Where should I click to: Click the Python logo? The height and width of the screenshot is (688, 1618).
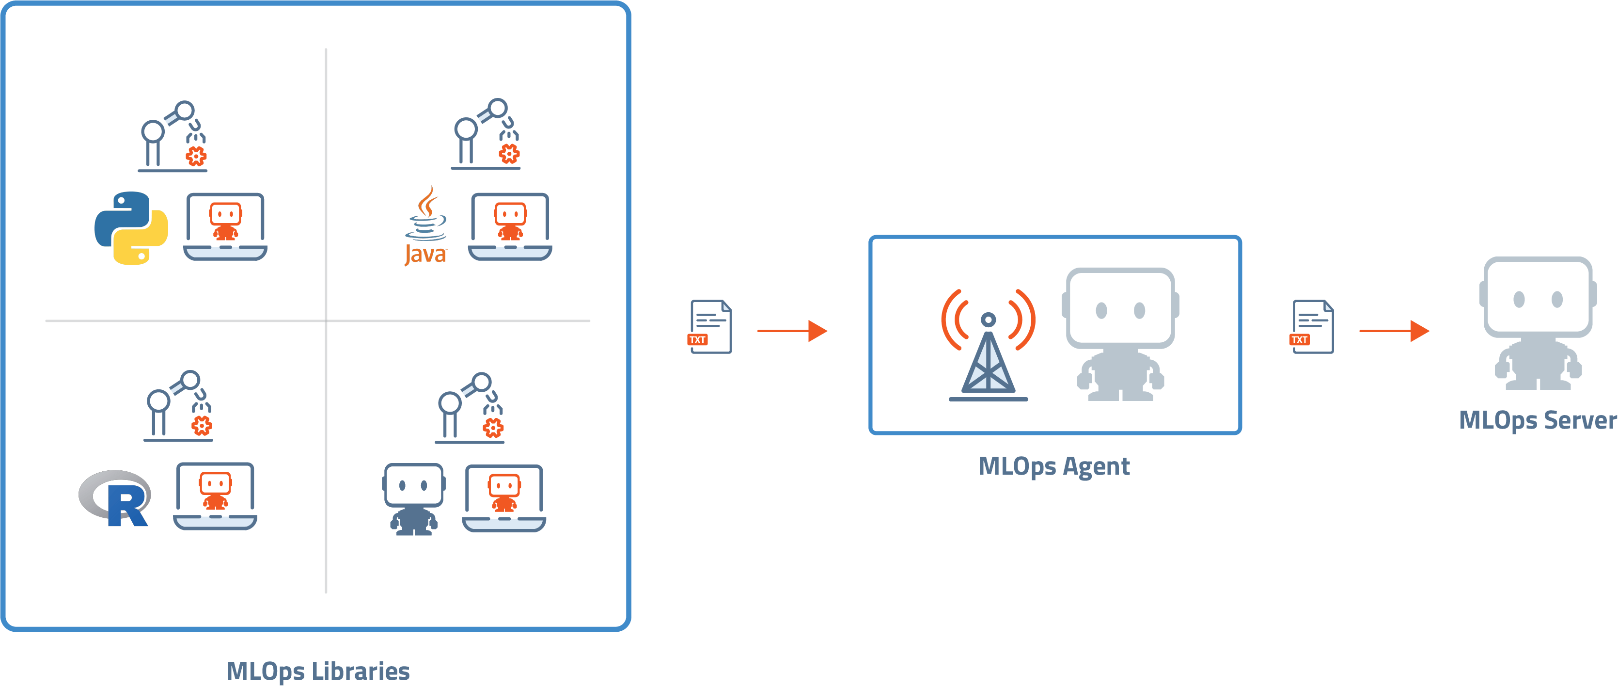tap(131, 228)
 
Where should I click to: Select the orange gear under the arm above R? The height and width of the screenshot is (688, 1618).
tap(202, 427)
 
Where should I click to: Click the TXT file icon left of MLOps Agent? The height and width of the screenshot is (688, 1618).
tap(710, 327)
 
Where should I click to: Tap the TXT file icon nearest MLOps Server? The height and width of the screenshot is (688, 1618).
tap(1312, 327)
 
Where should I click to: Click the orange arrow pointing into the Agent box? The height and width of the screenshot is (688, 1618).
tap(792, 331)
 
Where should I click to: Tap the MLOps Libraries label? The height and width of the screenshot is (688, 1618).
tap(318, 671)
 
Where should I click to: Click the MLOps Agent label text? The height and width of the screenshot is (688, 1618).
tap(1054, 466)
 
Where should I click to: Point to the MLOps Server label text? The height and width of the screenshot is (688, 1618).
tap(1537, 420)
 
